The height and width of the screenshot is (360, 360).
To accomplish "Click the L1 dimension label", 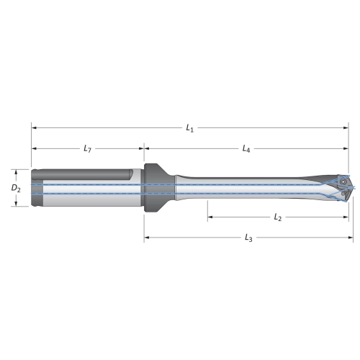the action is tap(190, 128).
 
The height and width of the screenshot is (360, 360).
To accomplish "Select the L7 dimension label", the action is tap(87, 149).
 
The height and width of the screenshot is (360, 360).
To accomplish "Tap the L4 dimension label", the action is tap(246, 149).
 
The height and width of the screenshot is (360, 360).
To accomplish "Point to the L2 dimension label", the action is tap(278, 217).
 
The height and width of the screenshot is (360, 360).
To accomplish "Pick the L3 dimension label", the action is tap(248, 238).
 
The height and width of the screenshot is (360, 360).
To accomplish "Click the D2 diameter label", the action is tap(16, 189).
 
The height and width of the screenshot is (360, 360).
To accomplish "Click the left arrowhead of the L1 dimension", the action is tap(34, 128).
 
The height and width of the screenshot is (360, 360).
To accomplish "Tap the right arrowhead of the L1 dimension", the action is tap(346, 128).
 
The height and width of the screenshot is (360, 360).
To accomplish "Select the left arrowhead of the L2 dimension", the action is tap(210, 217).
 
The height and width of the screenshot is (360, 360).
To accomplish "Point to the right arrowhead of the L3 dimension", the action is tap(351, 238).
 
